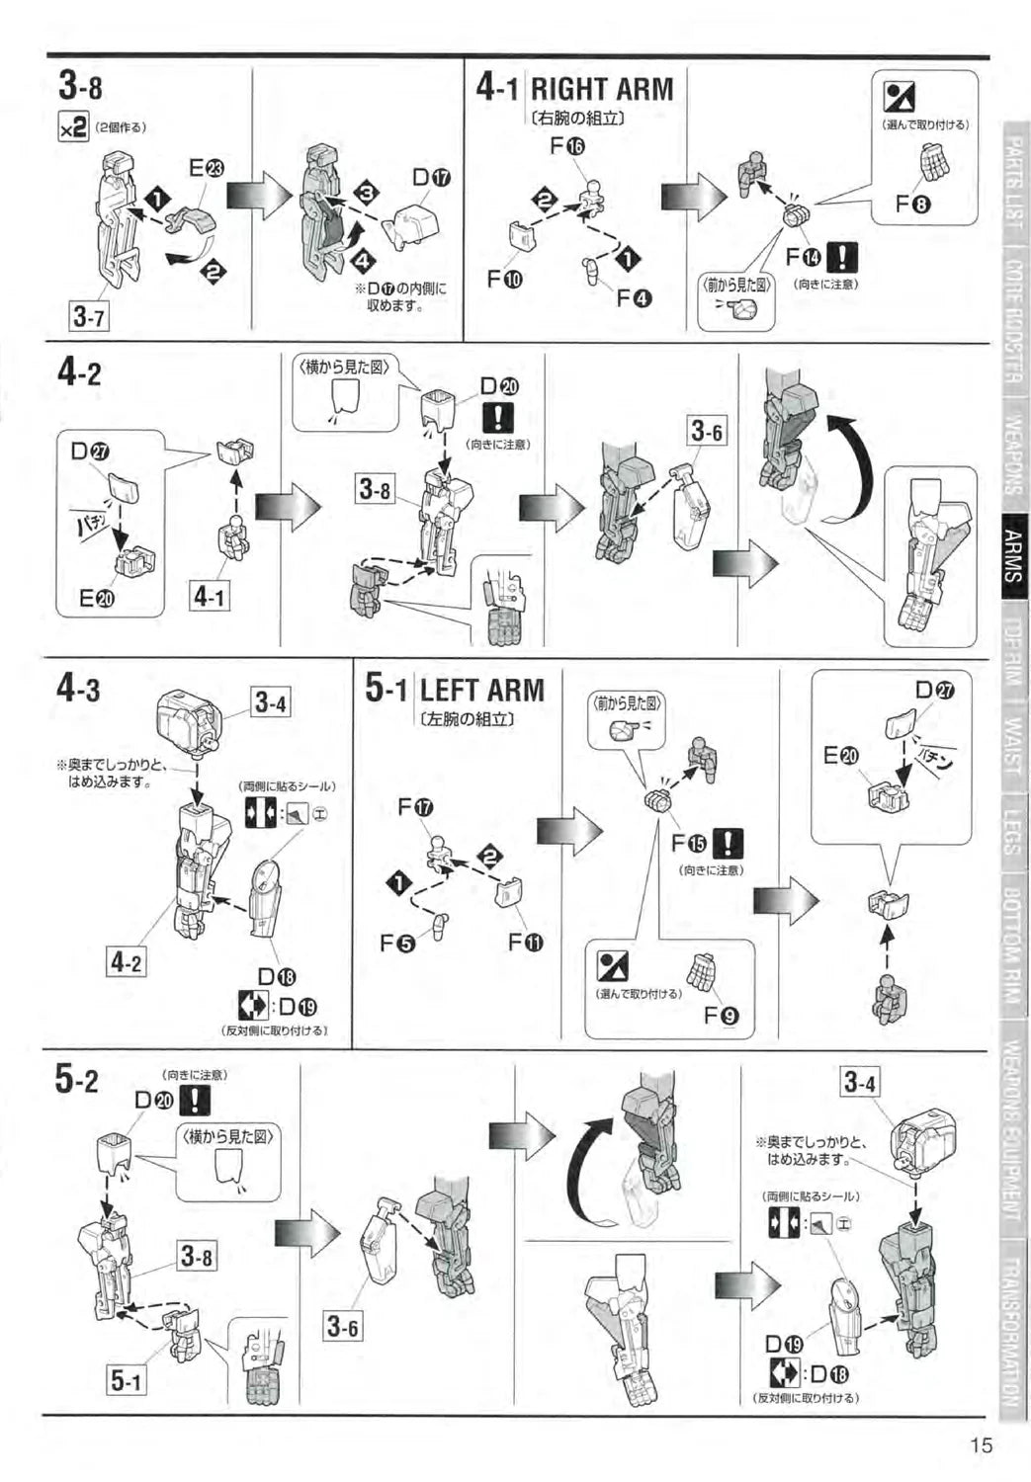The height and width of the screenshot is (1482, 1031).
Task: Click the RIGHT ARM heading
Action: [x=601, y=90]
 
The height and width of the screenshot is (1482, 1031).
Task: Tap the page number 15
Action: [x=980, y=1445]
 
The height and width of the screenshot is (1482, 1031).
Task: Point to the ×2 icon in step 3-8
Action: [x=74, y=126]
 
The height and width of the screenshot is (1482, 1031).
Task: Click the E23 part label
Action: [x=207, y=169]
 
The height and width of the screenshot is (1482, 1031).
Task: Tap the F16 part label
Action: [x=567, y=147]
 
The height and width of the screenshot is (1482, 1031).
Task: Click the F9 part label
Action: [x=722, y=1015]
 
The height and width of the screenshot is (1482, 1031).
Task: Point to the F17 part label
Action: [x=416, y=807]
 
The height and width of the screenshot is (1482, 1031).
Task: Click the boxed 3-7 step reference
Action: [x=89, y=317]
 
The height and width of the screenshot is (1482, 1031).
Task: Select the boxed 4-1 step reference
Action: [x=209, y=596]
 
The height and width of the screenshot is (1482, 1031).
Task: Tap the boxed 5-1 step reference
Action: [x=126, y=1380]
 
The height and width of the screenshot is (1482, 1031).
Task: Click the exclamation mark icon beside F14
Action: [x=841, y=257]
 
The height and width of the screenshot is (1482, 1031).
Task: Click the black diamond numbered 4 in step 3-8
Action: [x=363, y=260]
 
